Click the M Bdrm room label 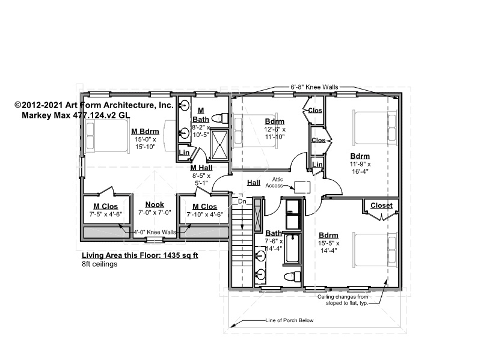145,131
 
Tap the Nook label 155,204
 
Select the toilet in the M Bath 220,118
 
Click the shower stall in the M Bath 219,145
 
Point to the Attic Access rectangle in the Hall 302,187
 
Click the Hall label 254,183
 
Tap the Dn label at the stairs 242,201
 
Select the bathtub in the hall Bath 292,248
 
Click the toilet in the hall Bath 292,276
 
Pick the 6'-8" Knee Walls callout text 314,87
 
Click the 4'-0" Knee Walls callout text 155,232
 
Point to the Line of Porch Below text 289,320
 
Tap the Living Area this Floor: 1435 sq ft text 140,255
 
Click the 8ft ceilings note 99,264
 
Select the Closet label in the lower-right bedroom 381,206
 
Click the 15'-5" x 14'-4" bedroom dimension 328,247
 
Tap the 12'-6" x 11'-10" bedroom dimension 275,133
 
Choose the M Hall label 201,168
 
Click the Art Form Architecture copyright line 94,105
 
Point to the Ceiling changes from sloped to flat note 343,300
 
